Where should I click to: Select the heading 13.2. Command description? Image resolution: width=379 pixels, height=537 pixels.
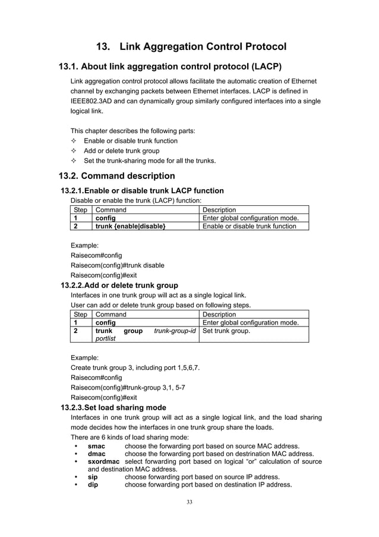coord(116,176)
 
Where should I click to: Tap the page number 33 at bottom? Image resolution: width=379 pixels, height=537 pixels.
coord(190,502)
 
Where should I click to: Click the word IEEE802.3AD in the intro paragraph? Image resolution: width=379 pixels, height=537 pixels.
coord(93,101)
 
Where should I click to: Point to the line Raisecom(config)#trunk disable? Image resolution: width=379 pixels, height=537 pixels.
coord(118,265)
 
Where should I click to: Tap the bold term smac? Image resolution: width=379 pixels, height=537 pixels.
coord(97,446)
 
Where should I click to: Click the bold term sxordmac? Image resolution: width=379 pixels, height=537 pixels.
coord(103,461)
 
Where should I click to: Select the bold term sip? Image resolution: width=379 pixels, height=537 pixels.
coord(93,477)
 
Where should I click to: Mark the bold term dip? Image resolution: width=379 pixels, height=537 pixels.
coord(93,485)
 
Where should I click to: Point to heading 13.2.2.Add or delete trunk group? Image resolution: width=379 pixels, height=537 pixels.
coord(119,285)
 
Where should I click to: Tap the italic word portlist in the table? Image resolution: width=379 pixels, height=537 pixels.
coord(106,339)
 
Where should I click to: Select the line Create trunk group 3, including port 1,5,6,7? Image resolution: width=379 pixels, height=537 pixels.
coord(135,368)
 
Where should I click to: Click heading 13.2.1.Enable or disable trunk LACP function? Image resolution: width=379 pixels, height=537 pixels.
coord(143,191)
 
